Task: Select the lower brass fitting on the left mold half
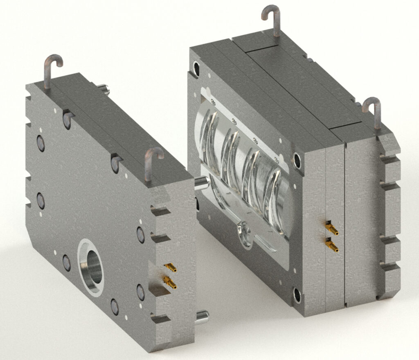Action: tap(170, 282)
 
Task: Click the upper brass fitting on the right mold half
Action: tap(332, 228)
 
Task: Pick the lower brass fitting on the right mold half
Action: tap(332, 245)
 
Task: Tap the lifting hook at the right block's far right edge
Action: tap(373, 111)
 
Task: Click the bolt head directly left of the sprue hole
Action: tap(67, 263)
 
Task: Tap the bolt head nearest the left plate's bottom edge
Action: tap(115, 305)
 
